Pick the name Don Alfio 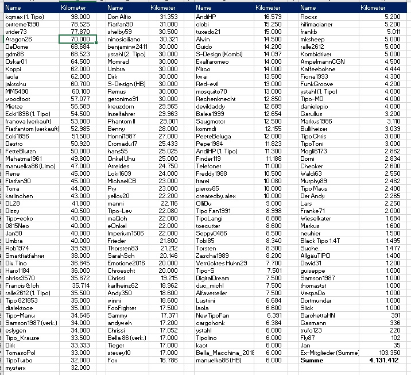[120, 17]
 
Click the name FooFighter [122, 307]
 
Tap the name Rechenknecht [216, 99]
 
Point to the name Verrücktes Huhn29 [222, 262]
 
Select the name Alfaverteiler [212, 292]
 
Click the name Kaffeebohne [318, 68]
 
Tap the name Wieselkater [316, 218]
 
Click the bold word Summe [312, 360]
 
